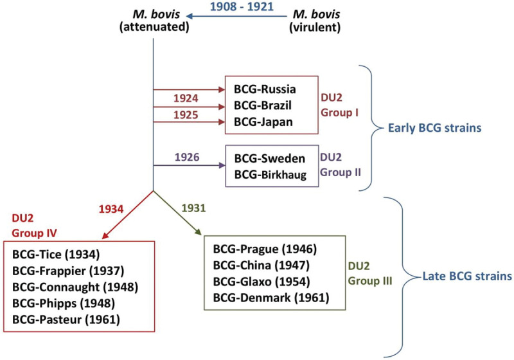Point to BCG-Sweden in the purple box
(x=269, y=157)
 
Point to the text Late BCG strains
(x=466, y=277)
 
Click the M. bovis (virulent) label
(x=315, y=21)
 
